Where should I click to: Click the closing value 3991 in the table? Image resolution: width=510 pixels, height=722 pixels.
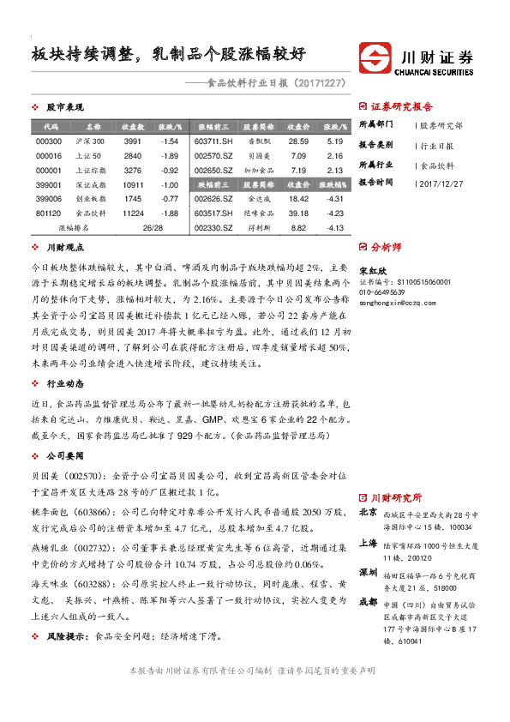pos(132,141)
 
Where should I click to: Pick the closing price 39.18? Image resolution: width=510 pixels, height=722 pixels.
pos(298,213)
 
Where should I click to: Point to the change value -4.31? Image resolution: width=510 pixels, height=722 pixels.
pos(334,198)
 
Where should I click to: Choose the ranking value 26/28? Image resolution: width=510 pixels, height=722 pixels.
pos(153,227)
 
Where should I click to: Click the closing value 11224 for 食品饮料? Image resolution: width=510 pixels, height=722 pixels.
pos(132,213)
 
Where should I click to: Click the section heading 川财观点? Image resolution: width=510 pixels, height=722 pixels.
pos(64,248)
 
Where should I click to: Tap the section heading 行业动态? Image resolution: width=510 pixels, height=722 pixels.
pos(64,359)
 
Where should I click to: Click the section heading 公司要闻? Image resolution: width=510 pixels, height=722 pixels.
pos(64,456)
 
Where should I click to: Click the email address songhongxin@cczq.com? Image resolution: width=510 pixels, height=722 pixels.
pos(400,303)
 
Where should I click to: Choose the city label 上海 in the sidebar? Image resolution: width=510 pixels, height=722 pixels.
pos(368,543)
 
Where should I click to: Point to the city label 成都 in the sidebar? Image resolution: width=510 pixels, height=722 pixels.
pos(368,602)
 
